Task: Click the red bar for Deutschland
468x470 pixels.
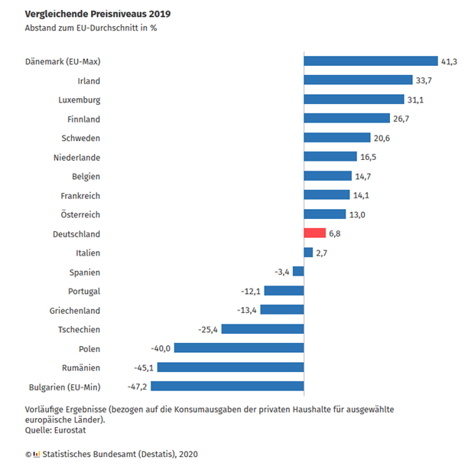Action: [315, 233]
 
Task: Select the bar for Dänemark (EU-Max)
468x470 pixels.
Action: [370, 61]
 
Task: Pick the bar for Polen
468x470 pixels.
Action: [239, 348]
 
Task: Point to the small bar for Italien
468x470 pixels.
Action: [308, 253]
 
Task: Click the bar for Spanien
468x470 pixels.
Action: [298, 272]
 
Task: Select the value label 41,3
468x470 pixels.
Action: [449, 61]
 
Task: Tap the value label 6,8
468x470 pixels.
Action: [336, 233]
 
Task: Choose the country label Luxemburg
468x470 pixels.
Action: [79, 100]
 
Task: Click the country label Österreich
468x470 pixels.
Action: [80, 214]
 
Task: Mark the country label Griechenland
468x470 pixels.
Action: [74, 310]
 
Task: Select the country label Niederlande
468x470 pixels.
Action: [76, 157]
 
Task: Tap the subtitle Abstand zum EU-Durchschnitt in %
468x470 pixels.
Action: [91, 28]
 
